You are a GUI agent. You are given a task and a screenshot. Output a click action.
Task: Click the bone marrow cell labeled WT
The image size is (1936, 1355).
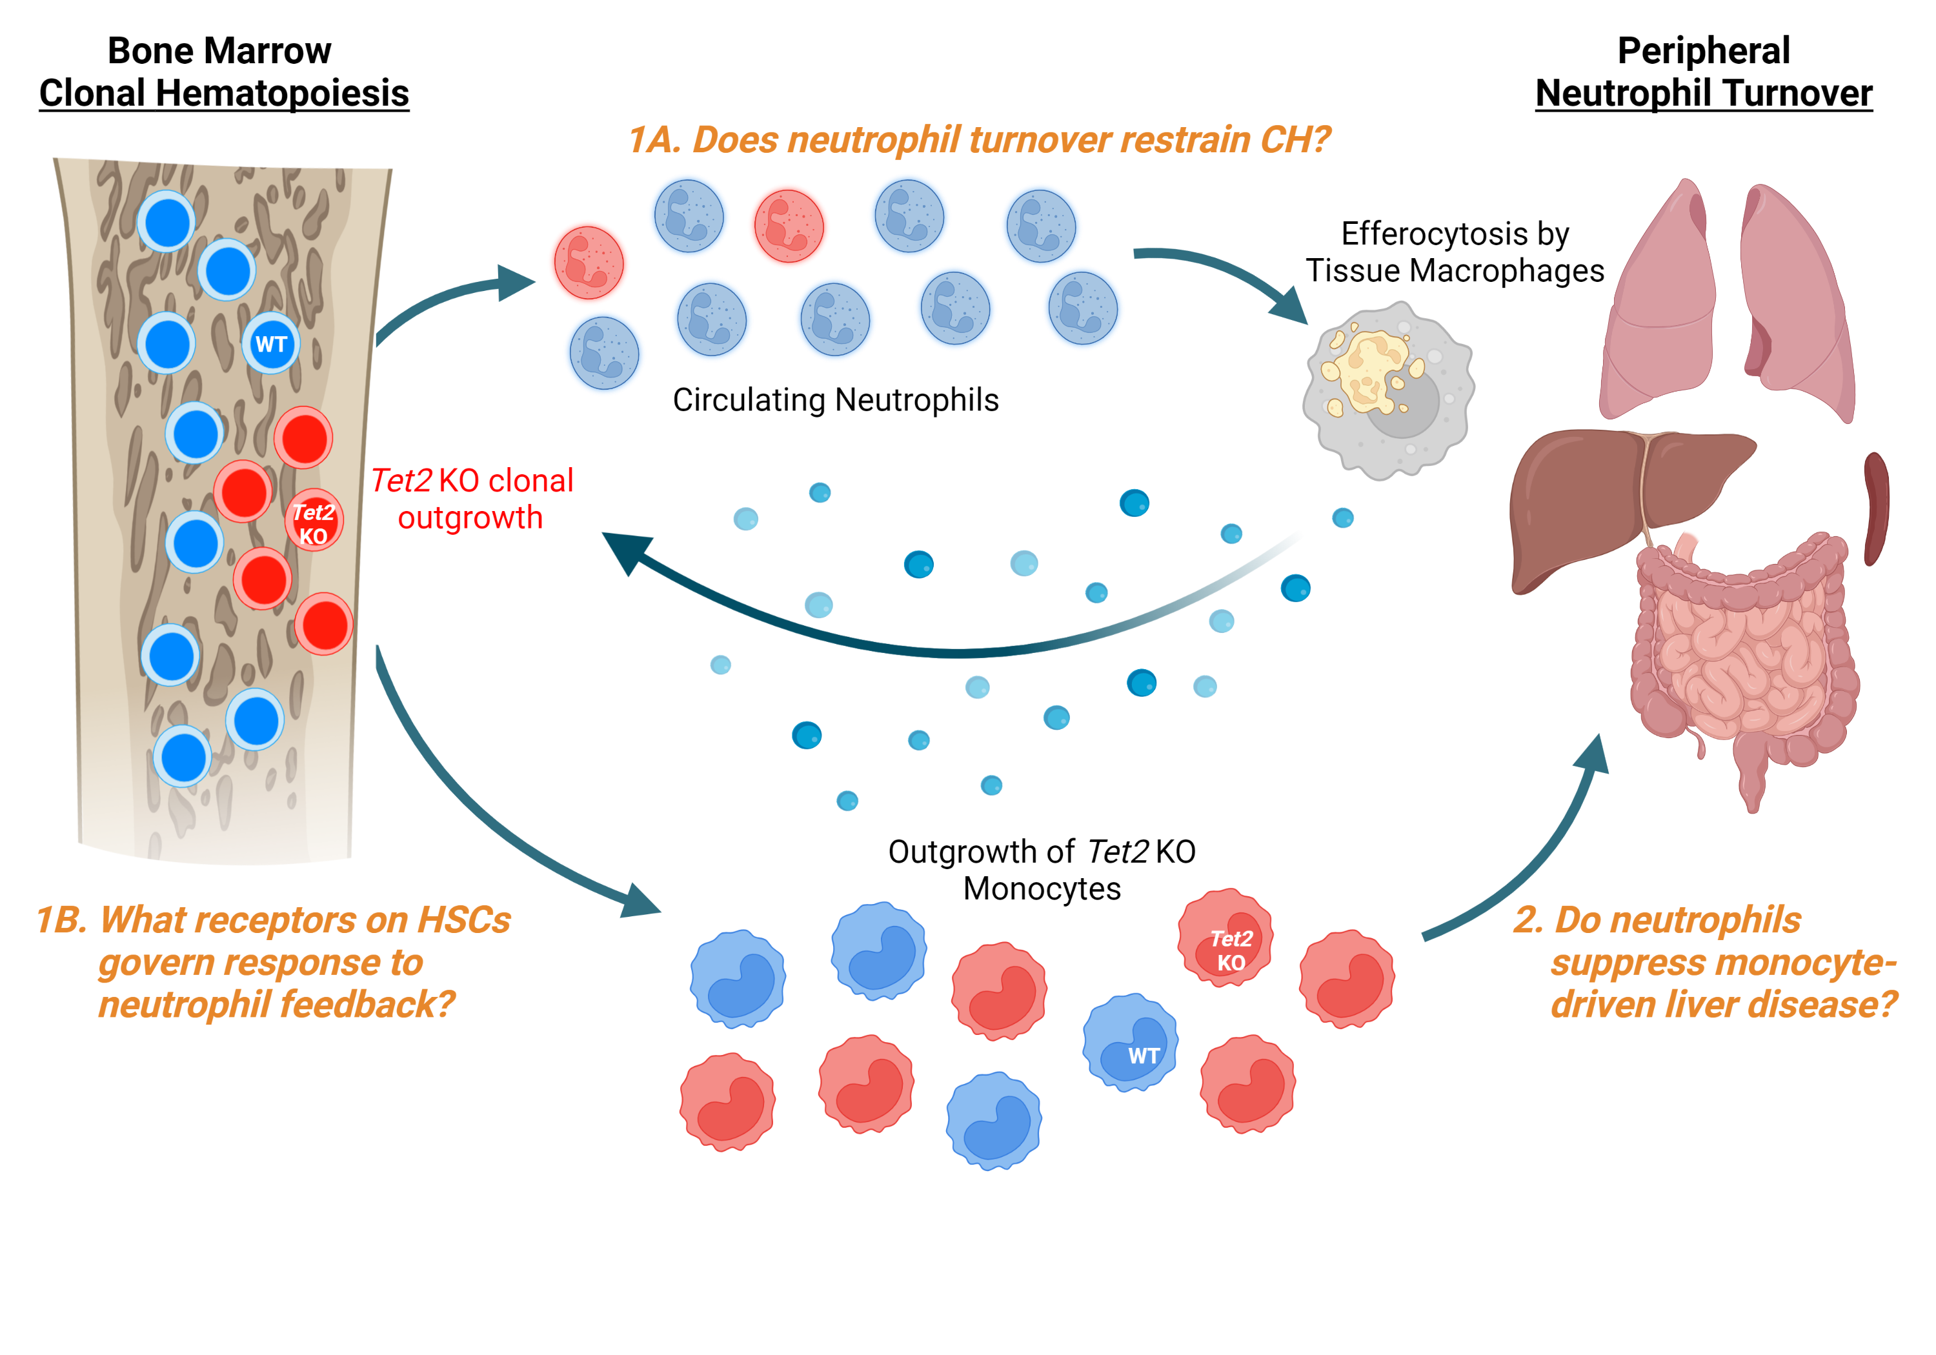tap(270, 344)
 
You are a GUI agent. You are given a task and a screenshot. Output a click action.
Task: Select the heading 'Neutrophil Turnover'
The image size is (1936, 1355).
tap(1703, 93)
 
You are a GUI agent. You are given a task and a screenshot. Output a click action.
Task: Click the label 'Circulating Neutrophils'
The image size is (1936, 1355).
tap(835, 399)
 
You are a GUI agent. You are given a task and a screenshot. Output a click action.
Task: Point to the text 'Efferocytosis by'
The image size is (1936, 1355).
tap(1455, 234)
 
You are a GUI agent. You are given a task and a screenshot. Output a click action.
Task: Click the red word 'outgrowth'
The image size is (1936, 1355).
tap(470, 517)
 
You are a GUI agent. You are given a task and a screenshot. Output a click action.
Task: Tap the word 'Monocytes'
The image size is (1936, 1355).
tap(1042, 888)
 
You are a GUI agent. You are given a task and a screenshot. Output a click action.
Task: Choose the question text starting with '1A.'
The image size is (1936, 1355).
tap(978, 140)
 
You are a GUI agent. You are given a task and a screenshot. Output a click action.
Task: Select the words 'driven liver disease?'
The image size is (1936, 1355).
tap(1724, 1004)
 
